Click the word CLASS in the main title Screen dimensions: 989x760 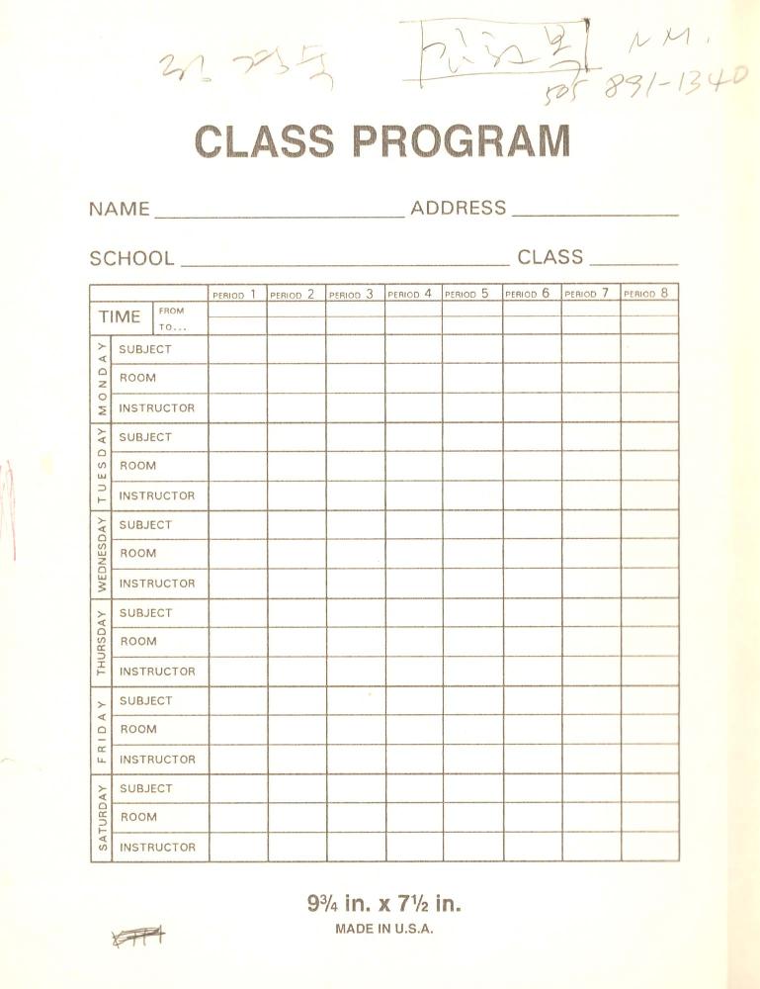[x=264, y=141]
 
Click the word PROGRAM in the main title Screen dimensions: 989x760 [x=462, y=141]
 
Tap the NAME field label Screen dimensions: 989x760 [x=120, y=209]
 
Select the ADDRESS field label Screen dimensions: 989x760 [x=458, y=208]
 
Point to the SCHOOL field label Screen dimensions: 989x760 [x=131, y=259]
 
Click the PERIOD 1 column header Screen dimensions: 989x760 [x=235, y=294]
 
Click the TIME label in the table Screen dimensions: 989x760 [x=120, y=317]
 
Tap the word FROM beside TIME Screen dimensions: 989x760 [x=171, y=311]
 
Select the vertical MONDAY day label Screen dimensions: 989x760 [x=101, y=378]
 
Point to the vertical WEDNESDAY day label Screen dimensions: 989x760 [x=101, y=554]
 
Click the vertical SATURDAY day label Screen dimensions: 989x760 [x=101, y=818]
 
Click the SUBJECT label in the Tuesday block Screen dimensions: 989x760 [x=145, y=437]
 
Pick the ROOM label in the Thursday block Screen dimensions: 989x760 [x=138, y=642]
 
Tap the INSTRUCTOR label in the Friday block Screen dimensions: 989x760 [x=157, y=760]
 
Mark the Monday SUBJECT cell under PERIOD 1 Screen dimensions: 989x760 [x=237, y=349]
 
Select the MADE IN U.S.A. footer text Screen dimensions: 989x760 [x=384, y=929]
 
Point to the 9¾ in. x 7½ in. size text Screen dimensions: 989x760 [x=384, y=903]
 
